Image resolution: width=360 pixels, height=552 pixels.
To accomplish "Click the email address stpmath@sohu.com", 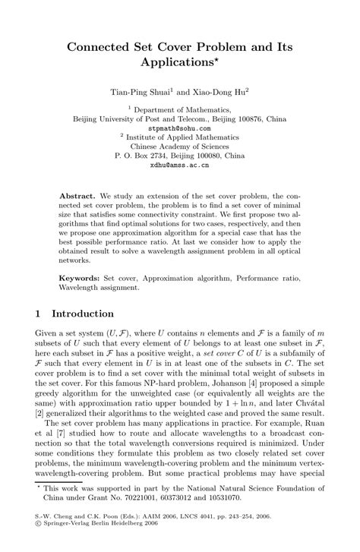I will click(x=179, y=129).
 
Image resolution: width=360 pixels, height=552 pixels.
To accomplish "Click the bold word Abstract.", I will click(x=79, y=195).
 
